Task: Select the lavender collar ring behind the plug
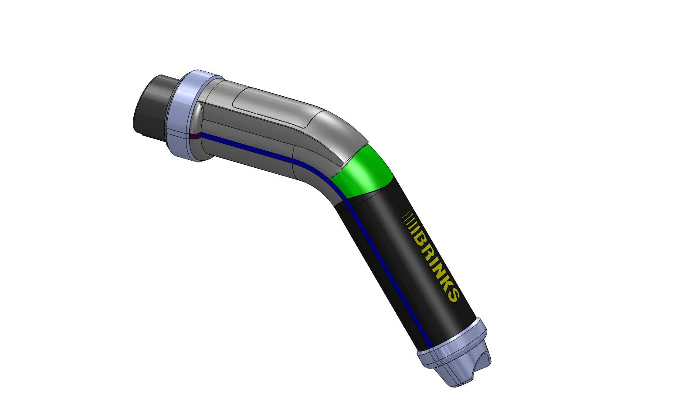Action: point(183,115)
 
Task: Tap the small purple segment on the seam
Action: point(195,136)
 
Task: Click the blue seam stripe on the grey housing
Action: point(261,152)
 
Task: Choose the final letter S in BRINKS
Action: point(453,296)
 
